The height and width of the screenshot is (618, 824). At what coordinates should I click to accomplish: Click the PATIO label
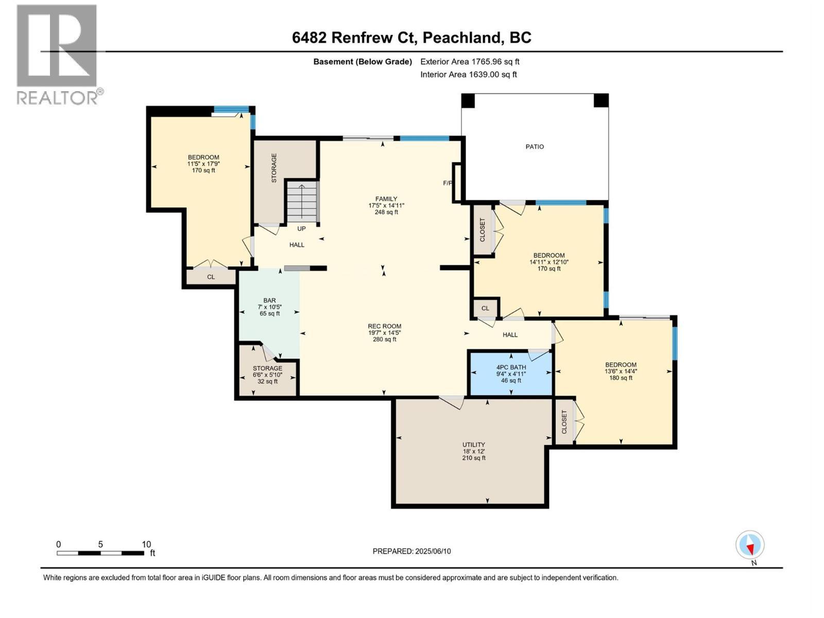(x=535, y=147)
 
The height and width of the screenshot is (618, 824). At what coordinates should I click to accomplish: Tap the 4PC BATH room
(x=511, y=374)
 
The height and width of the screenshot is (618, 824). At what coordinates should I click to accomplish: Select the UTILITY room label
(x=473, y=445)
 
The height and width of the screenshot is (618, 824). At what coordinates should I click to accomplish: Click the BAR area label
(x=269, y=301)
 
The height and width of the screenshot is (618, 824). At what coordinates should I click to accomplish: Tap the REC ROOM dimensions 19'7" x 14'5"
(x=384, y=333)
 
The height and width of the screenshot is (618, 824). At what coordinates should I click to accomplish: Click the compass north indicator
(x=750, y=545)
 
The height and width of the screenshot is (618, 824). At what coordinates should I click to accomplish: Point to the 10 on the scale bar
(x=146, y=544)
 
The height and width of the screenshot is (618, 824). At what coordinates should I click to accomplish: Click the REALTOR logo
(x=58, y=54)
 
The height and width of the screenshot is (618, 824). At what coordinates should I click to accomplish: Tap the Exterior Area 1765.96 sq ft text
(x=470, y=61)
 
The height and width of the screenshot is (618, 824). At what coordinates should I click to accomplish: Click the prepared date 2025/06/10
(x=411, y=551)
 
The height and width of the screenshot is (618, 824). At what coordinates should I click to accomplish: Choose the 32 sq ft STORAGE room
(x=267, y=375)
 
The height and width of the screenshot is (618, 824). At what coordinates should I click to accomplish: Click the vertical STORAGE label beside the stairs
(x=274, y=168)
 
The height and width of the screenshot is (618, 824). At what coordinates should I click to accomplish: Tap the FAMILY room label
(x=386, y=199)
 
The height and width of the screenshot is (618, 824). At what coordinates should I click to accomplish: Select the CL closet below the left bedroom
(x=211, y=277)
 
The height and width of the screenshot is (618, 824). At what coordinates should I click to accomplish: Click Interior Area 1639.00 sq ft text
(x=468, y=74)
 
